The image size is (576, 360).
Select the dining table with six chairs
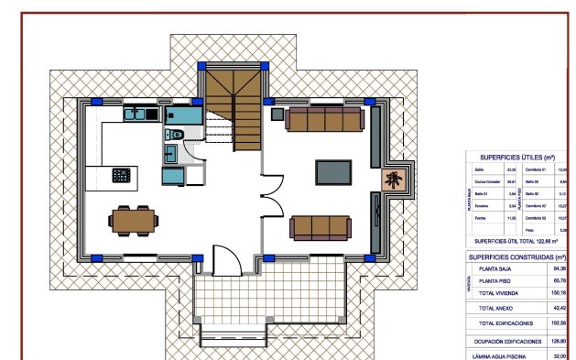tap(134, 219)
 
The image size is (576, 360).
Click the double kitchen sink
tap(138, 115)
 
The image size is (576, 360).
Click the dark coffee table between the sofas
tap(332, 172)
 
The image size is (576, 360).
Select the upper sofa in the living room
tap(325, 119)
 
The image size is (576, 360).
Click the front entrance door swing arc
tap(225, 260)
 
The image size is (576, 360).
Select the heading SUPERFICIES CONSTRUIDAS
tap(516, 257)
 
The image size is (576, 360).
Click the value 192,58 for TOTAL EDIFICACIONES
tap(559, 323)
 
